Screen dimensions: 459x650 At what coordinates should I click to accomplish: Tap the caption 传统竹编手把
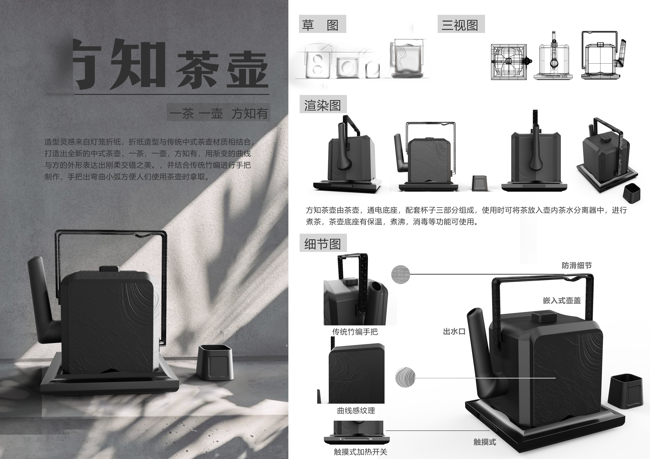tap(355, 332)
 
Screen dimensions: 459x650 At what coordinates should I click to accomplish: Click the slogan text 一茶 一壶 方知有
tap(219, 113)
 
